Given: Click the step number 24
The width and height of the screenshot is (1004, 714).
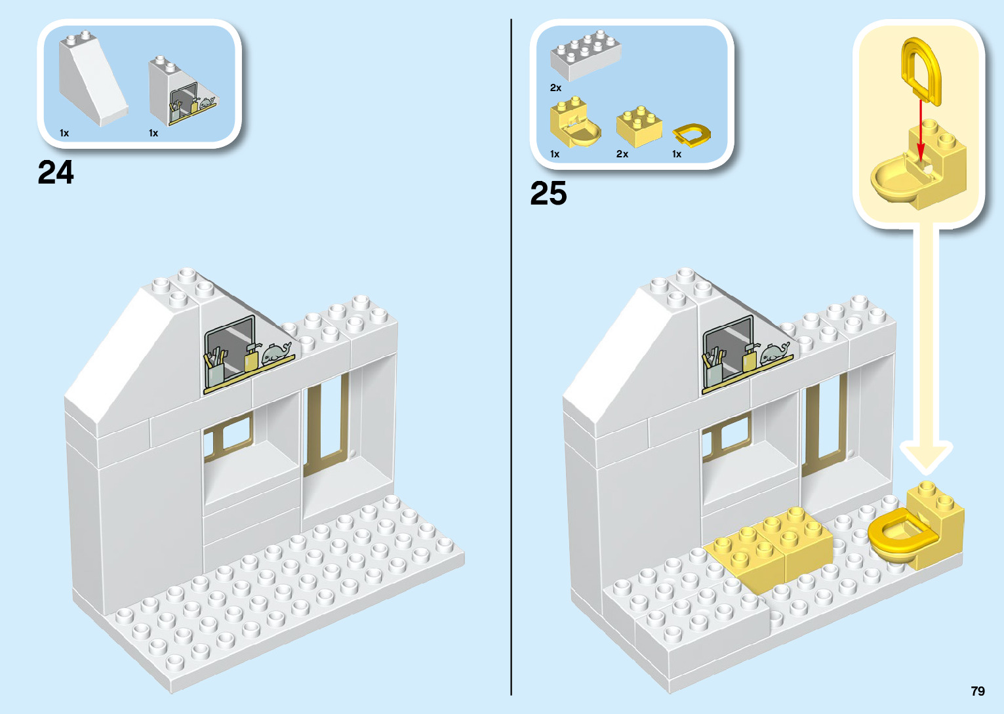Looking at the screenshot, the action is [x=56, y=172].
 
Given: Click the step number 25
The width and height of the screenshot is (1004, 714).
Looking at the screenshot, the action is [x=548, y=193].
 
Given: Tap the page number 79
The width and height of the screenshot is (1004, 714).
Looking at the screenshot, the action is [x=977, y=691].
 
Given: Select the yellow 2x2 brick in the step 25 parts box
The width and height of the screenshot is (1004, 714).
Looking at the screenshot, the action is [x=638, y=127].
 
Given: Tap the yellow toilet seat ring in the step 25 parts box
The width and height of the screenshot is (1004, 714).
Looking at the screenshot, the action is [x=692, y=135].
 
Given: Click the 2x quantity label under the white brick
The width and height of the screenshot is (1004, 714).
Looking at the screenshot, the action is [x=555, y=88].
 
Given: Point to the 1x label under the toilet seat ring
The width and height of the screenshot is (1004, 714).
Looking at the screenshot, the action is [x=677, y=154].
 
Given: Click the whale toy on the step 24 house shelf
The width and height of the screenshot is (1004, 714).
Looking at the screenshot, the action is [x=277, y=354].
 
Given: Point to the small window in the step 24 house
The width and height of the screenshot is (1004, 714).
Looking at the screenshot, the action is [x=228, y=436].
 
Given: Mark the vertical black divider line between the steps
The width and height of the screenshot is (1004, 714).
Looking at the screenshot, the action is [x=511, y=357].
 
